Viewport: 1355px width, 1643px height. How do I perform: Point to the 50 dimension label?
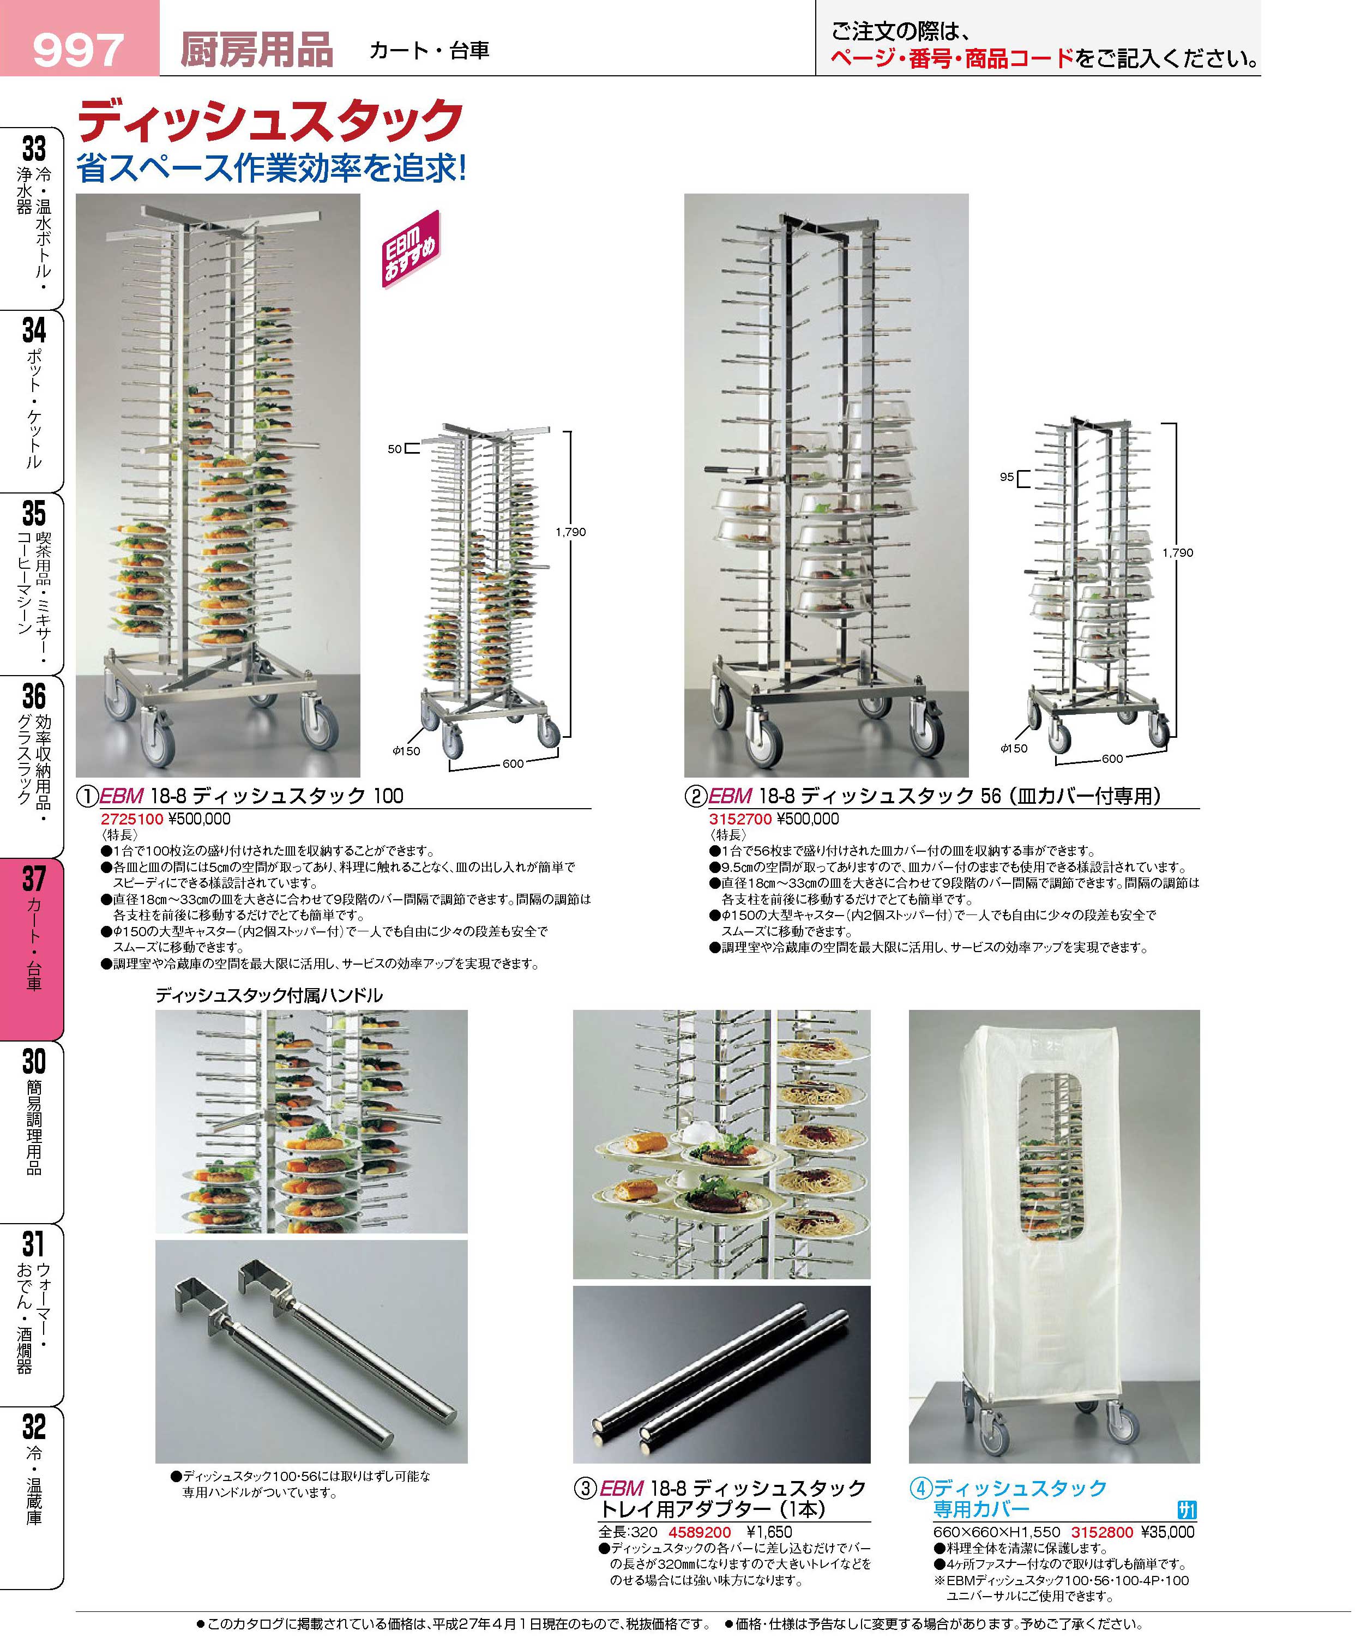pyautogui.click(x=395, y=449)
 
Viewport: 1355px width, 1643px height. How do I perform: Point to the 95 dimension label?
pyautogui.click(x=1007, y=477)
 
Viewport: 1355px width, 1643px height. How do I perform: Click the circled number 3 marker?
pyautogui.click(x=586, y=1489)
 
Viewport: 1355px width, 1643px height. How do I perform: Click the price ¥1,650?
pyautogui.click(x=769, y=1532)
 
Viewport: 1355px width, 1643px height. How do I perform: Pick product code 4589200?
pyautogui.click(x=700, y=1532)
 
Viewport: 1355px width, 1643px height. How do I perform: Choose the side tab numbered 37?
pyautogui.click(x=32, y=948)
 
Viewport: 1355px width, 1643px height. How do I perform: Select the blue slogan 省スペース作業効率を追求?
pyautogui.click(x=272, y=168)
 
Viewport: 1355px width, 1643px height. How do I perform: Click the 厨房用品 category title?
pyautogui.click(x=257, y=50)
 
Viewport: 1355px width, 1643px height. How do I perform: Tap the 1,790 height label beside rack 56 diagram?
pyautogui.click(x=1178, y=552)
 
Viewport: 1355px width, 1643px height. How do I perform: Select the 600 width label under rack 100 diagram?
pyautogui.click(x=513, y=763)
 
